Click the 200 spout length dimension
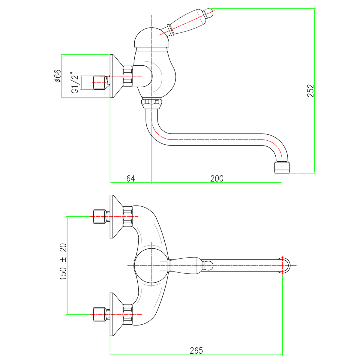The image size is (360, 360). (x=217, y=178)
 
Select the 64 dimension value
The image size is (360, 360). (x=130, y=178)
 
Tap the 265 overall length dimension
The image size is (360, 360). (x=196, y=350)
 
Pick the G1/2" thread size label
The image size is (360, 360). (x=75, y=82)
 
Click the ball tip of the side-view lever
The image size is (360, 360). (x=209, y=13)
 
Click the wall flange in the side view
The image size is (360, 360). (x=116, y=76)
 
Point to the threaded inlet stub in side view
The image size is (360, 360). (x=100, y=82)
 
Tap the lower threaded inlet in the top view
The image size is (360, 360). (x=100, y=314)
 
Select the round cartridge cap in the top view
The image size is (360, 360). (x=151, y=265)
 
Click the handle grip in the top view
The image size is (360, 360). (x=184, y=265)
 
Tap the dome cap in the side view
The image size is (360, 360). (x=151, y=37)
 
